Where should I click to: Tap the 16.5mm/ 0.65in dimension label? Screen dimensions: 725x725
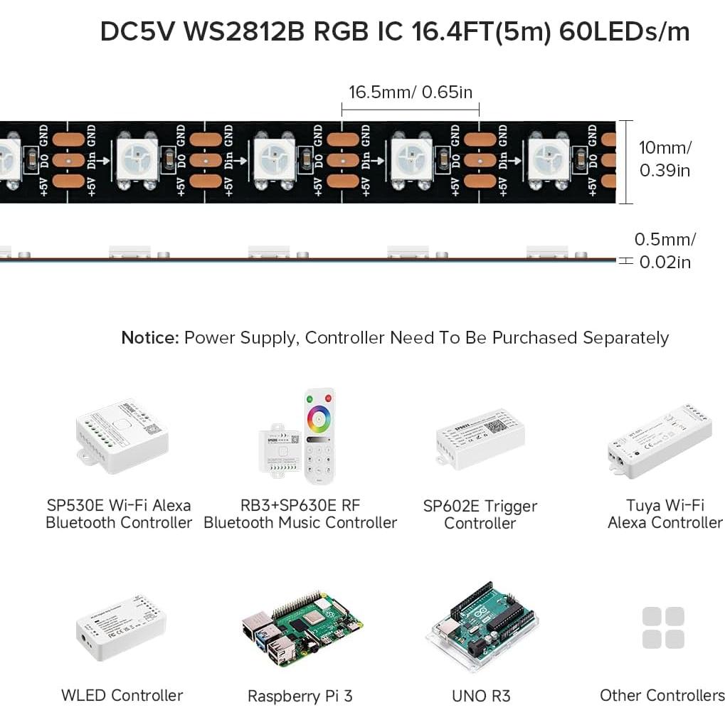coord(410,92)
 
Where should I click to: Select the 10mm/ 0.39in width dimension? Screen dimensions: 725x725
coord(665,159)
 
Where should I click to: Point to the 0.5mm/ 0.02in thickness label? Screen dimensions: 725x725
coord(665,250)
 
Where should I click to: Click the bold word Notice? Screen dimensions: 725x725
coord(149,337)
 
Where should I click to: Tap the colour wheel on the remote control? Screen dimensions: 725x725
coord(319,420)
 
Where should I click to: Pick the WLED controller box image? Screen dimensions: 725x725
coord(120,627)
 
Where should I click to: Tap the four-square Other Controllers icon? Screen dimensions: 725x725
coord(663,628)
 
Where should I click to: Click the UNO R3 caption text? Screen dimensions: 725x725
coord(481,696)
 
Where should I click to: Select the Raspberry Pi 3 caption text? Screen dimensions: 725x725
coord(300,696)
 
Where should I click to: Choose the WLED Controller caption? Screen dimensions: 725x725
coord(122,695)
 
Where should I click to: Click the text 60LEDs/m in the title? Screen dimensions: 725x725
coord(625,32)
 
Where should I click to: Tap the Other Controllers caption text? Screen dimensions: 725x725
coord(662,695)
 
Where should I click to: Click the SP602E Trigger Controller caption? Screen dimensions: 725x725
coord(480,514)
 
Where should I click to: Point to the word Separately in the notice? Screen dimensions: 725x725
coord(625,337)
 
